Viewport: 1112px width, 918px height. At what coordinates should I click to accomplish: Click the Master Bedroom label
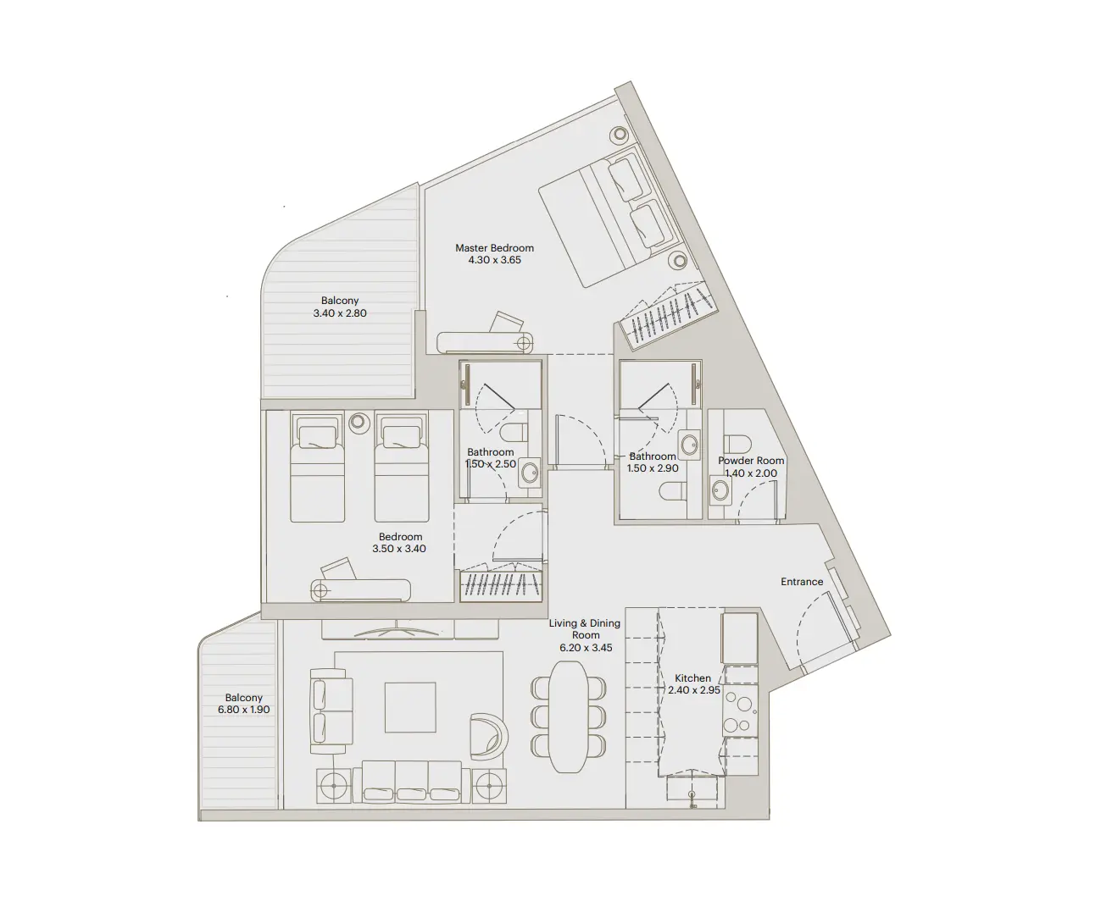click(x=494, y=248)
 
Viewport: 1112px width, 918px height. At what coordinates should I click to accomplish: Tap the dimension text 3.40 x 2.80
click(x=339, y=313)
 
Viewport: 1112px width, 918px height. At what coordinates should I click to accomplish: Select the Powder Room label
click(x=751, y=461)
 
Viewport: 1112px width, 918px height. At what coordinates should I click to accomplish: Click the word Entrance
click(x=802, y=582)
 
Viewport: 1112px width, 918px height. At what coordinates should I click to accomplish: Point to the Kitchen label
click(x=692, y=678)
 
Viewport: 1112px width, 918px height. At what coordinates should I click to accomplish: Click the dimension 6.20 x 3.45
click(x=585, y=648)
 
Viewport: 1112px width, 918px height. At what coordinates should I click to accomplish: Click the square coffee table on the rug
click(x=410, y=707)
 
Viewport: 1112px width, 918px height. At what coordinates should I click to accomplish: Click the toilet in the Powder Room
click(x=738, y=444)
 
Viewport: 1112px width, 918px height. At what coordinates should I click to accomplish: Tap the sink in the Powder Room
click(x=720, y=490)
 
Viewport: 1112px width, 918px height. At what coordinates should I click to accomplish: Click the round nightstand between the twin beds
click(x=359, y=421)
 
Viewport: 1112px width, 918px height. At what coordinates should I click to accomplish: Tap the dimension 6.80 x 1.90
click(x=244, y=710)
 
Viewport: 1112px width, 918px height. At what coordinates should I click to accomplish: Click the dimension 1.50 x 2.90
click(x=653, y=468)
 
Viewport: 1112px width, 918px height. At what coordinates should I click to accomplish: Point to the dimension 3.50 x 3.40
click(x=400, y=549)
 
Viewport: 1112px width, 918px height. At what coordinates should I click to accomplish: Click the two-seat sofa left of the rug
click(x=331, y=709)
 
